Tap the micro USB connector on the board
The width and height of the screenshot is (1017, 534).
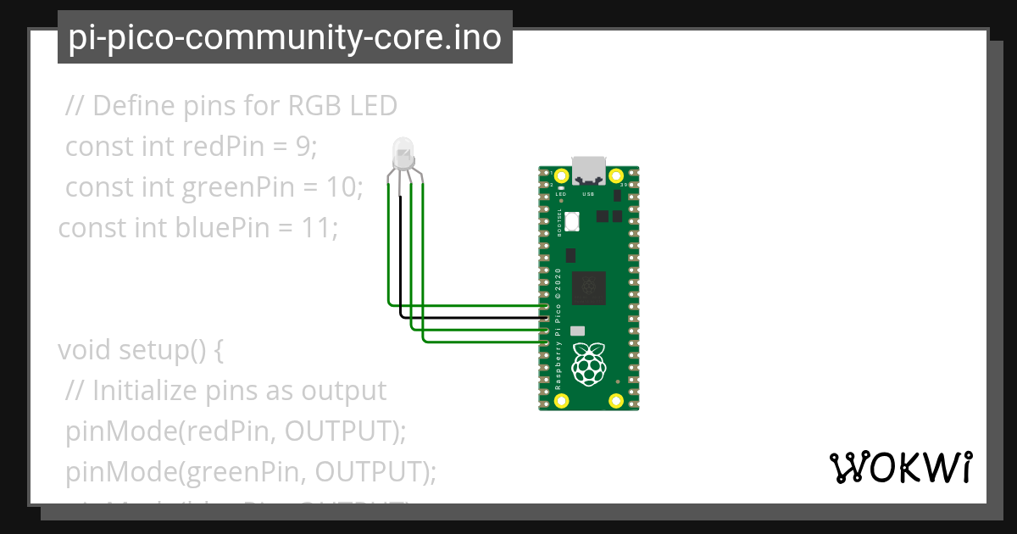588,170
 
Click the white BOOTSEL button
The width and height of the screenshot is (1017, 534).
571,222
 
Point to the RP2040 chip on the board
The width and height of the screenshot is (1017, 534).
588,288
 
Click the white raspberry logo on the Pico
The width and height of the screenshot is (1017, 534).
588,364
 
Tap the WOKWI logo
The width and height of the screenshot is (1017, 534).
900,468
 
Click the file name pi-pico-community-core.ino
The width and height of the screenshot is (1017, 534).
285,37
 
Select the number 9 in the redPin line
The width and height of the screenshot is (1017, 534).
303,147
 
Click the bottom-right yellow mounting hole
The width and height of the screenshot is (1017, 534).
617,400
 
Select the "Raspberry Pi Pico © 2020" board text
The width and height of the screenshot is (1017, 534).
558,331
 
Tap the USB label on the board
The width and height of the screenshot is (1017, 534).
588,194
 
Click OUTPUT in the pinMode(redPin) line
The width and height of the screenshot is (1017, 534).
340,431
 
